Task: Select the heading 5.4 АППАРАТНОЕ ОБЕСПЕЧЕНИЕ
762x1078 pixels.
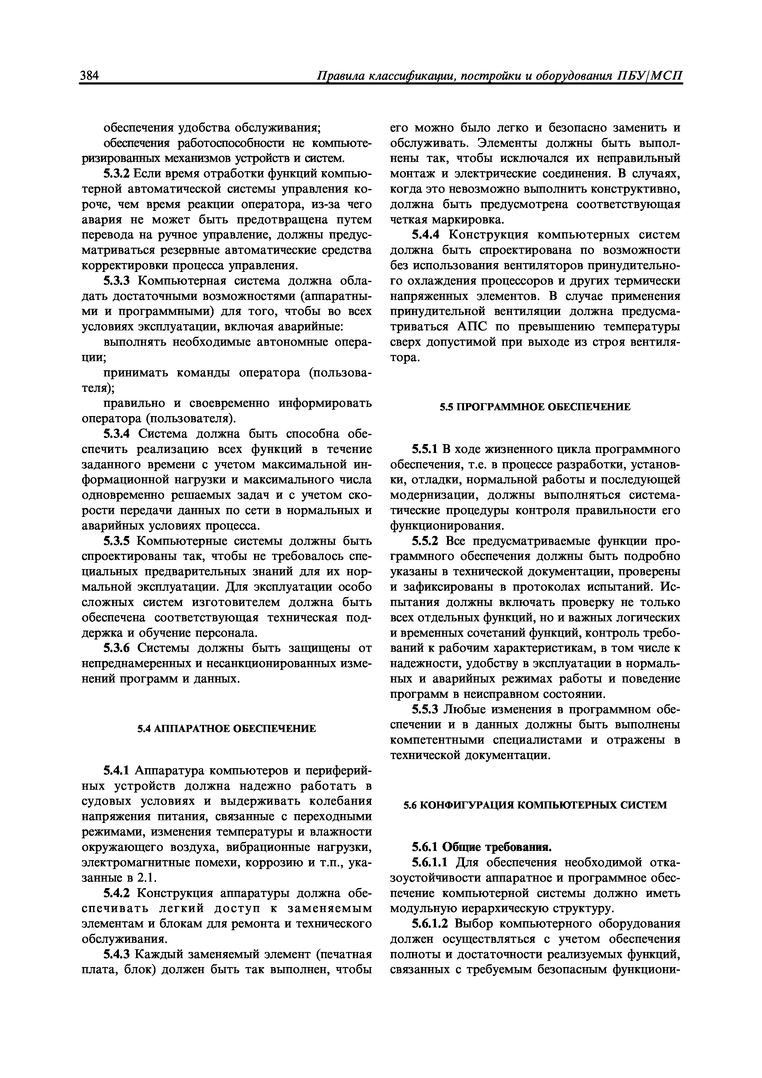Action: point(226,728)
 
